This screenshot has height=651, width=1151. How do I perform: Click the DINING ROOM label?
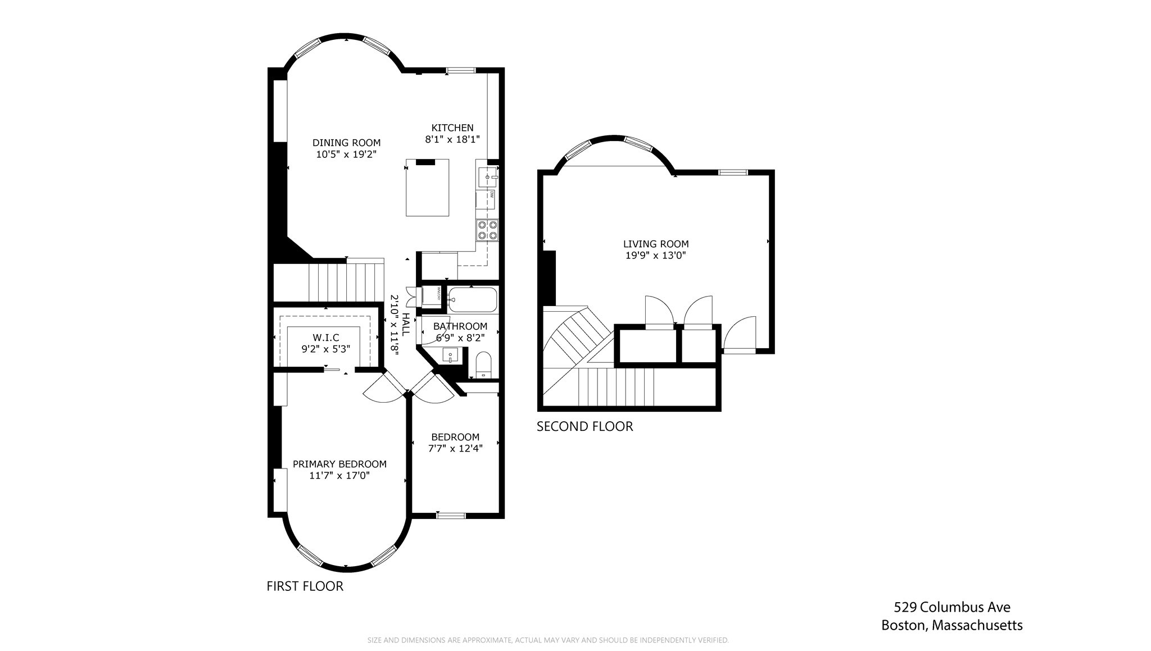click(346, 143)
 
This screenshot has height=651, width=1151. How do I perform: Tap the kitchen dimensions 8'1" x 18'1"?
click(452, 139)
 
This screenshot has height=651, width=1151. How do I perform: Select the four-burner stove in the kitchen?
click(487, 230)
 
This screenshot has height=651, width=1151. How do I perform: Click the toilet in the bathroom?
click(483, 365)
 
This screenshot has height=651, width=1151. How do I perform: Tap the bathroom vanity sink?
click(451, 355)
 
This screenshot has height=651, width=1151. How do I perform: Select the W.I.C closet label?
click(326, 338)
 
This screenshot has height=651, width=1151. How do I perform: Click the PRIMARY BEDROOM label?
click(339, 464)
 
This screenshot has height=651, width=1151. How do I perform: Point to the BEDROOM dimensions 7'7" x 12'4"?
click(455, 448)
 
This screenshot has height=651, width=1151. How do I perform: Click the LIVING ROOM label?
click(656, 244)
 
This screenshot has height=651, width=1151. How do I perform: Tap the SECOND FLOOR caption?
click(584, 426)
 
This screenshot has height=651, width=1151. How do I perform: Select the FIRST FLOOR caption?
click(305, 586)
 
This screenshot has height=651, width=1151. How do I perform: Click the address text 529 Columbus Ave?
click(952, 607)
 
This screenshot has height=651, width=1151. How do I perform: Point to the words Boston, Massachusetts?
click(951, 625)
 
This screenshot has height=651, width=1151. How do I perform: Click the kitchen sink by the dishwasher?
click(487, 177)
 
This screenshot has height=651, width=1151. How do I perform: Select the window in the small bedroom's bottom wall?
click(451, 515)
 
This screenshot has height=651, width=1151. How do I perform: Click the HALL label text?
click(405, 325)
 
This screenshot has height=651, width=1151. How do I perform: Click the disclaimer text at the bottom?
click(548, 640)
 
